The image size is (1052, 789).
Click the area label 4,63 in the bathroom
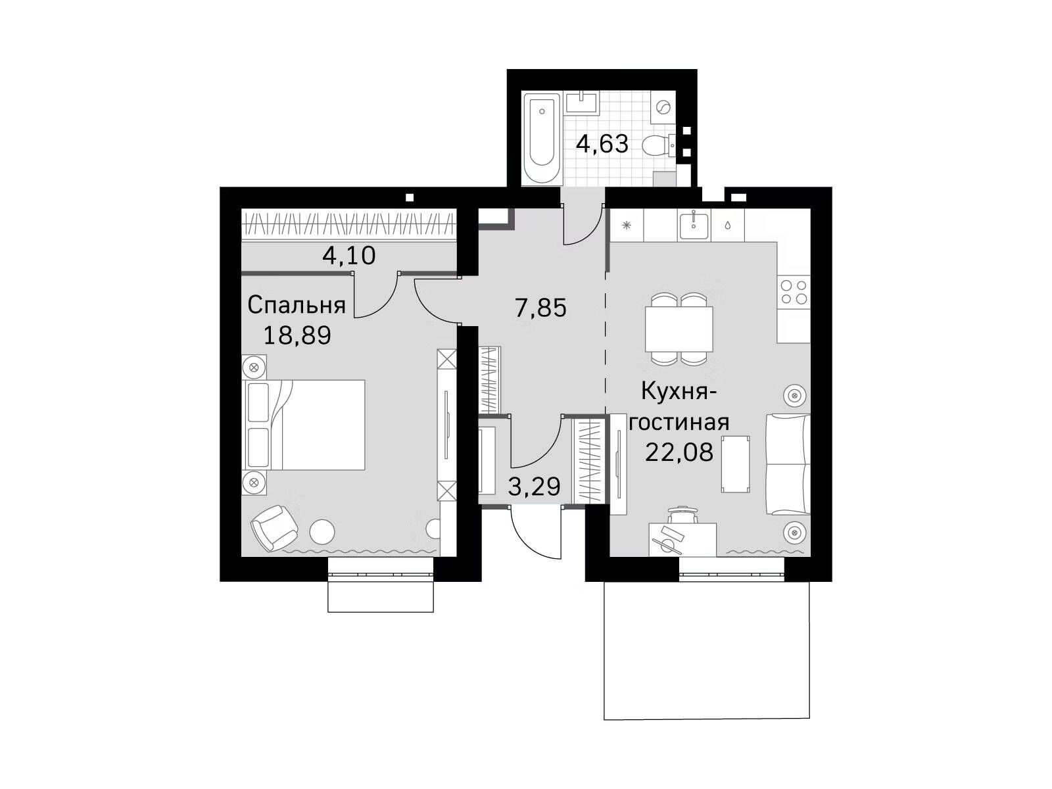pos(602,144)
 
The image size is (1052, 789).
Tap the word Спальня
pos(297,305)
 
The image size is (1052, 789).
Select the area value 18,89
pos(297,335)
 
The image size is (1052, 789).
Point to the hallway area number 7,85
pos(540,308)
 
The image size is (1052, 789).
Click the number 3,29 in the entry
pos(533,487)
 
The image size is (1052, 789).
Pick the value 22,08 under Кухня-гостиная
pos(679,451)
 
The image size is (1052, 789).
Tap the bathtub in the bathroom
pos(542,138)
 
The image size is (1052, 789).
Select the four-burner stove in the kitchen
pos(793,292)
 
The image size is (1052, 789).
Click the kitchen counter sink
pos(693,226)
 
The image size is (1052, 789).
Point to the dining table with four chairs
pos(679,329)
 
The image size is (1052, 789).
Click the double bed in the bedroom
pos(305,425)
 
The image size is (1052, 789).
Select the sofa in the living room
pos(788,465)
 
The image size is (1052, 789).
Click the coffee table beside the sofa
pos(736,464)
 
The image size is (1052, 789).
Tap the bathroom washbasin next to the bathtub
pos(582,103)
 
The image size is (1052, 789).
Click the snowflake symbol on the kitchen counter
pos(626,225)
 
